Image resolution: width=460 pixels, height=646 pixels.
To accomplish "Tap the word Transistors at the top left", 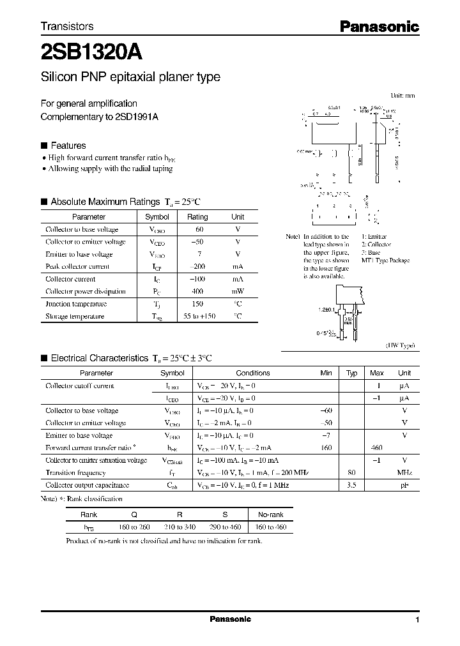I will coord(67,26).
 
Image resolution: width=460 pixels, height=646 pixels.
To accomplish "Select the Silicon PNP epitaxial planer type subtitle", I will coord(130,77).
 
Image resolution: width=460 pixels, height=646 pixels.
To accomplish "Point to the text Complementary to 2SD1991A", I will coord(99,117).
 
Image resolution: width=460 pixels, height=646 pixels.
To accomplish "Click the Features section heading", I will coord(68,146).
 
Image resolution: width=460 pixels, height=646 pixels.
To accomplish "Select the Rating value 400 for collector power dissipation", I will coord(197,292).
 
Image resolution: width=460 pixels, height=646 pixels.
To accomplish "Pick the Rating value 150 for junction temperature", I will coord(197,304).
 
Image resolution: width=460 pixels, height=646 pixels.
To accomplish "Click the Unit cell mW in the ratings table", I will coord(238,292).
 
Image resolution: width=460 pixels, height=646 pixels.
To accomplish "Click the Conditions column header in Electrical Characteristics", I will coord(253,373).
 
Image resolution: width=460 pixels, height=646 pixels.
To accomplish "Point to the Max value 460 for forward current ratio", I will coord(377,448).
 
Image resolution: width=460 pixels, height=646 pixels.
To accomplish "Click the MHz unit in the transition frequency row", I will coord(404,473).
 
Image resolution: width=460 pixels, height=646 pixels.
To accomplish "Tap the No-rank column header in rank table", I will coord(270,515).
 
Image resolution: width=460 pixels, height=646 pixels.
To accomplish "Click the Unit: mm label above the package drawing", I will coord(402,95).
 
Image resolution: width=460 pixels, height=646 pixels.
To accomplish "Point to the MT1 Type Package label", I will coord(385,260).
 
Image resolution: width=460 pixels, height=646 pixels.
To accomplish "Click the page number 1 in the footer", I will coord(417,620).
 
